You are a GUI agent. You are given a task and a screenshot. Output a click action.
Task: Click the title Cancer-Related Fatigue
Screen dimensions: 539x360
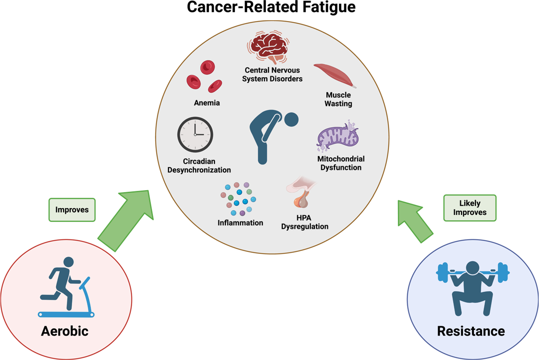271,7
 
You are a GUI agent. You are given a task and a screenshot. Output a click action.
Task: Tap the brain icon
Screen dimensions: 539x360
268,47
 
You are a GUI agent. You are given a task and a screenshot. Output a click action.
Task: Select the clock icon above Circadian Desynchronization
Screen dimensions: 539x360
195,134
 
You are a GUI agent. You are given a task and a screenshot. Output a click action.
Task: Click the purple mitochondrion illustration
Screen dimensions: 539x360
337,136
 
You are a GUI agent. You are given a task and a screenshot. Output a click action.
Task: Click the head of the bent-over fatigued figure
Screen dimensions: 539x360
291,119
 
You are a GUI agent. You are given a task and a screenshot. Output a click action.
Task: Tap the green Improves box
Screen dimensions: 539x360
72,209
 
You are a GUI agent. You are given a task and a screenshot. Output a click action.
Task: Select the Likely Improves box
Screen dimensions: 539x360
470,208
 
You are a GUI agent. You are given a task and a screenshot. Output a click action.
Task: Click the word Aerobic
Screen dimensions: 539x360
65,331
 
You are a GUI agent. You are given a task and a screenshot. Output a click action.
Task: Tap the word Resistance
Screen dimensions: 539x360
471,331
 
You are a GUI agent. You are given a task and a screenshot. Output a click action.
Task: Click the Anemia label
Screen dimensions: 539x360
207,103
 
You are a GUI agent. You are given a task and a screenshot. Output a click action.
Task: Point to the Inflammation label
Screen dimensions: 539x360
240,223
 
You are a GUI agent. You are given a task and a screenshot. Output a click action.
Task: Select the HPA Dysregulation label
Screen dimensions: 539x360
305,222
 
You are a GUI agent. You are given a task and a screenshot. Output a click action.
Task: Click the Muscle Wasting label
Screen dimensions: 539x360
338,99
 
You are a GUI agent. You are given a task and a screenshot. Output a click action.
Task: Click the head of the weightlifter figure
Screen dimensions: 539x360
473,268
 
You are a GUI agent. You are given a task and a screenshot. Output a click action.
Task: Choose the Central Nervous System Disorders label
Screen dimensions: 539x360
272,74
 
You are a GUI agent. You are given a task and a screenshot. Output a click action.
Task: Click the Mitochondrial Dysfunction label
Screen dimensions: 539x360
341,163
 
